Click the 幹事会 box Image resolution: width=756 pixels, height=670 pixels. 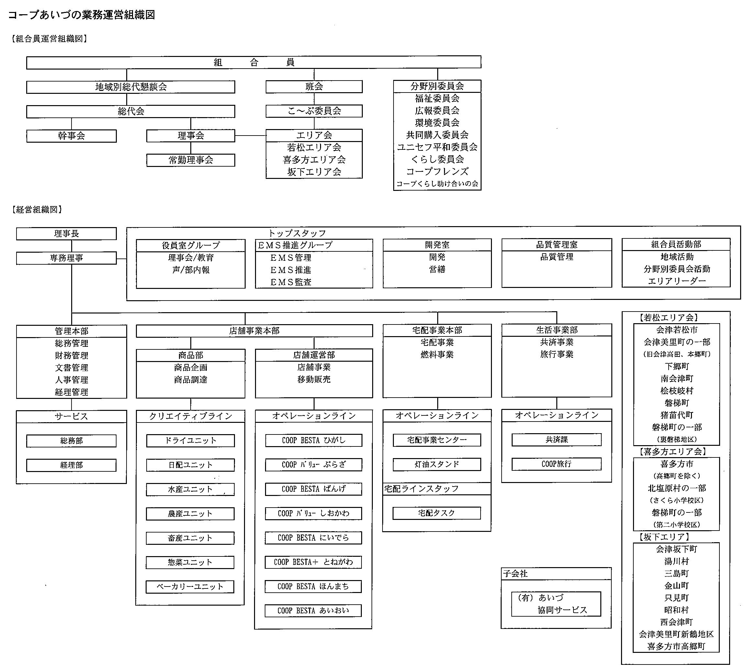pos(72,136)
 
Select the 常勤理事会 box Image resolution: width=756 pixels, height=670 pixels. pos(191,160)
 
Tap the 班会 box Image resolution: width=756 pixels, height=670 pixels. pos(314,86)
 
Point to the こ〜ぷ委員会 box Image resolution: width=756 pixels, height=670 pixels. pos(314,111)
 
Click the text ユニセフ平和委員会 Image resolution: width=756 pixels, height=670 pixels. pos(437,147)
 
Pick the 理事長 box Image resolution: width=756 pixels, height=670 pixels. pos(66,234)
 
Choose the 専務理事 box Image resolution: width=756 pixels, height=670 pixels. pos(66,258)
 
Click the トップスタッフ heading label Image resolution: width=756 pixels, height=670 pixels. pos(297,233)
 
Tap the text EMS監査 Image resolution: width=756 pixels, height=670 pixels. pos(291,282)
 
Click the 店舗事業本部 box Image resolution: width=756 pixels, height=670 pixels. pos(254,331)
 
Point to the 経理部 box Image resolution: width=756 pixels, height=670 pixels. pos(72,465)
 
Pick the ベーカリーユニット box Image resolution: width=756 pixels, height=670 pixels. pos(190,587)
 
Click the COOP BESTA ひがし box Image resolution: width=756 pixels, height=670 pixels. pos(314,440)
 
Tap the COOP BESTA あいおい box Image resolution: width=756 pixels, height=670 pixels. pos(313,610)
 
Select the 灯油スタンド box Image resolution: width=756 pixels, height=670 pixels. pos(437,465)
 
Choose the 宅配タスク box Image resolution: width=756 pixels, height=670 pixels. pos(437,513)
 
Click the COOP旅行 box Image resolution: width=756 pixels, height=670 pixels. pos(556,464)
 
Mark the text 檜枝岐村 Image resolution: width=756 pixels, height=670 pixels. pos(677,391)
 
